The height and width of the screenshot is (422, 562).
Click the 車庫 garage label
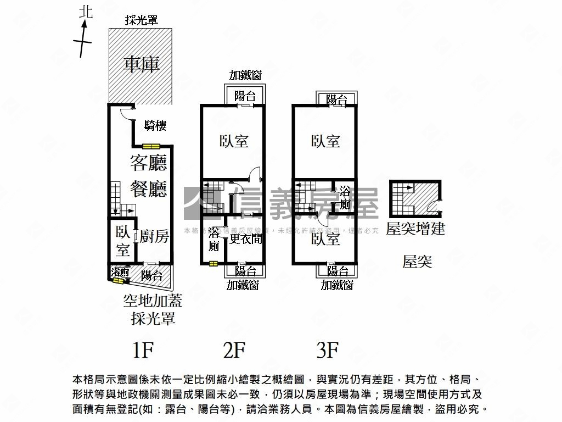(141, 64)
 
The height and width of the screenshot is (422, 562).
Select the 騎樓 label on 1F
(155, 126)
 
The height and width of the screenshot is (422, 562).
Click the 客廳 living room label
(148, 163)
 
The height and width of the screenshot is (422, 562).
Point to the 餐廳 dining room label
(148, 189)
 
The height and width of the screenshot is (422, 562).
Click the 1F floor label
(145, 349)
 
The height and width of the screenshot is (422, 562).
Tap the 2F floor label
(235, 349)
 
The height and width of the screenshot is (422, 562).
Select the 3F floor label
(328, 349)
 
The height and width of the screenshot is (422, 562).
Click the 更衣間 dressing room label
(246, 239)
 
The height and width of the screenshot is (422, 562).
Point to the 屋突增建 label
(415, 229)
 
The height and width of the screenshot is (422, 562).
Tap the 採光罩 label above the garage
(141, 20)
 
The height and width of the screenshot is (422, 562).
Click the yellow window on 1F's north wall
(151, 146)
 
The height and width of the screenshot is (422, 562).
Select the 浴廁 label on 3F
(345, 198)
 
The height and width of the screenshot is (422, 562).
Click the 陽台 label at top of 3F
(336, 99)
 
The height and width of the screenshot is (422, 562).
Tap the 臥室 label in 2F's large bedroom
(234, 141)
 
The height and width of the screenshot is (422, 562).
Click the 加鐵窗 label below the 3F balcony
(337, 285)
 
